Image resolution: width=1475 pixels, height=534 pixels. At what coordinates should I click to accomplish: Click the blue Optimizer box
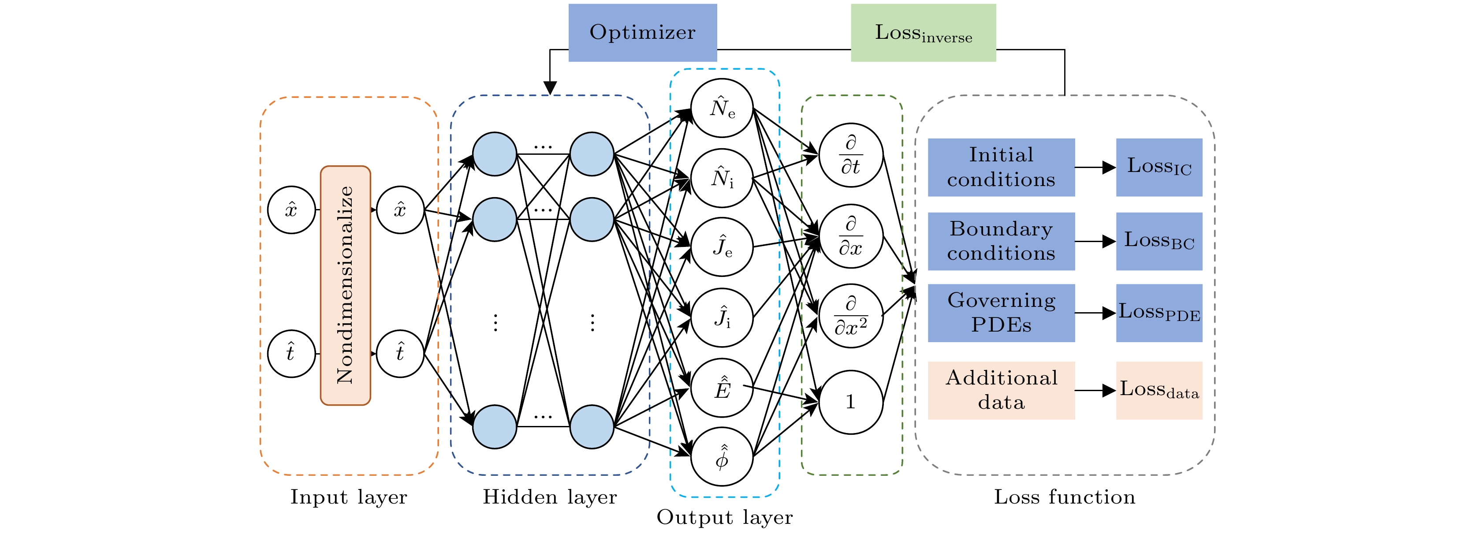(x=642, y=33)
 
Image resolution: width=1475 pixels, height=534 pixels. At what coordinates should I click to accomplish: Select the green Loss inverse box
(x=923, y=33)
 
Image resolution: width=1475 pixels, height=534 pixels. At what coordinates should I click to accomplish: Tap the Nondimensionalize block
(x=345, y=285)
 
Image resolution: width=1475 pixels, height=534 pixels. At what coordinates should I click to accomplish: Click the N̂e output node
(x=722, y=108)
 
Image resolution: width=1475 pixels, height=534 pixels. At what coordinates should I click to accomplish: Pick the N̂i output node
(x=722, y=178)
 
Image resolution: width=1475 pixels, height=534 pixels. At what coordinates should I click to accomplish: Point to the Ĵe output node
(x=722, y=247)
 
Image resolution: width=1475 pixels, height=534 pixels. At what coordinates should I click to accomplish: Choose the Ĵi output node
(x=722, y=317)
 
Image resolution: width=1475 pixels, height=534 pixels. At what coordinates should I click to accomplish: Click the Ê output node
(x=722, y=388)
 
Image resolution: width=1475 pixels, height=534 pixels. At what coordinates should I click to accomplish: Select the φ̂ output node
(x=722, y=457)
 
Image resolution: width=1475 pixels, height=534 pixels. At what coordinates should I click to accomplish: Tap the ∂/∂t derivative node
(x=850, y=155)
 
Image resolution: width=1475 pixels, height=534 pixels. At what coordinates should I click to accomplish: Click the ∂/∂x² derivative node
(x=850, y=316)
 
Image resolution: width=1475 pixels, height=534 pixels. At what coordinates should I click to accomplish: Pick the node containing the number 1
(x=850, y=402)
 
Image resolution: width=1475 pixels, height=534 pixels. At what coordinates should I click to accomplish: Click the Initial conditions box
(x=1000, y=167)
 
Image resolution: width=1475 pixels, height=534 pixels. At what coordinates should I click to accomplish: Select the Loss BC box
(x=1158, y=241)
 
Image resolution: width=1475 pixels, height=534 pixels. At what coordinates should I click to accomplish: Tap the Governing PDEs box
(x=1000, y=313)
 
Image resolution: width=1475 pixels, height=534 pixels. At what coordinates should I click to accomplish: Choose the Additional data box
(x=1000, y=390)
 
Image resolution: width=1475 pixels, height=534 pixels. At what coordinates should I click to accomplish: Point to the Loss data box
(x=1158, y=390)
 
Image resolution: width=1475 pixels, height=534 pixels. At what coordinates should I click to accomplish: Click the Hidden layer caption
(x=549, y=497)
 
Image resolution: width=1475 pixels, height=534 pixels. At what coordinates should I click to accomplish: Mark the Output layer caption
(x=724, y=517)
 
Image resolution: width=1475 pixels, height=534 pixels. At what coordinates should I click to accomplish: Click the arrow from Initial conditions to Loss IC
(x=1095, y=167)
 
